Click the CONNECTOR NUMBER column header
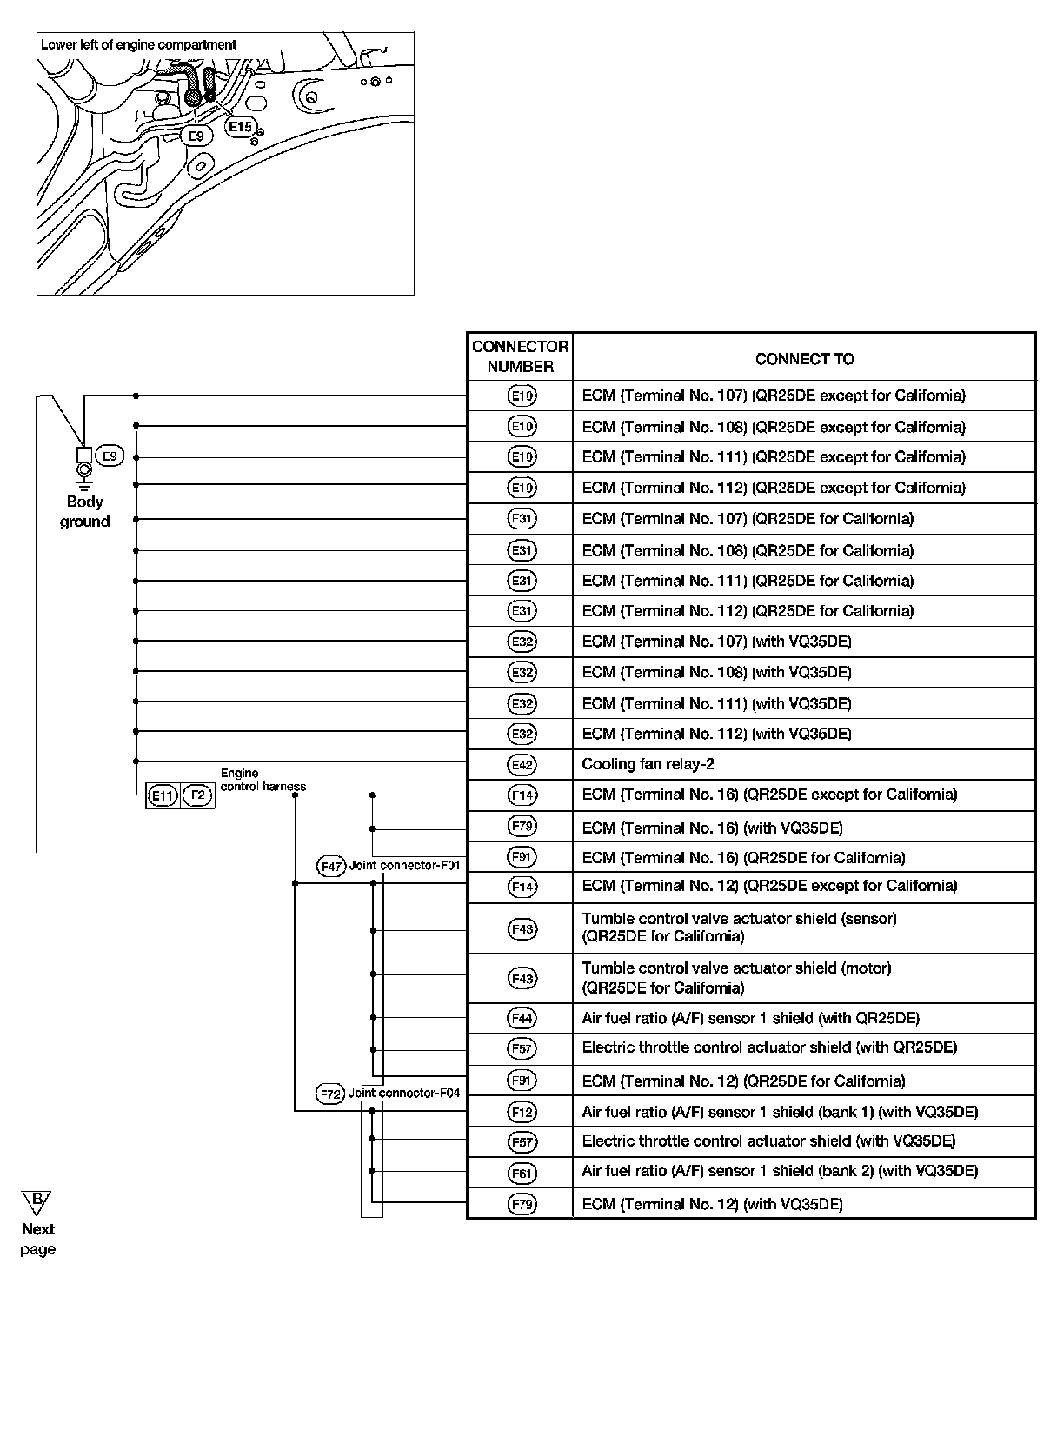[520, 356]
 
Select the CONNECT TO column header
[804, 359]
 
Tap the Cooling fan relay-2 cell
[648, 765]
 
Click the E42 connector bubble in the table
[522, 765]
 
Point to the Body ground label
[84, 512]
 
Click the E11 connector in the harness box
[163, 795]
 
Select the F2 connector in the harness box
[198, 795]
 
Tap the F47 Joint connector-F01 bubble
[331, 867]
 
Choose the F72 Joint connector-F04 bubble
[331, 1094]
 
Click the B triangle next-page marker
[37, 1202]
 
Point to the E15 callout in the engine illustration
[239, 127]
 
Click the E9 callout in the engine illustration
[196, 136]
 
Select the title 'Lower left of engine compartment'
[139, 44]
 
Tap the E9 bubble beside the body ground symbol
[110, 456]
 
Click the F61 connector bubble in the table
[522, 1173]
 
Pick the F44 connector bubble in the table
[522, 1018]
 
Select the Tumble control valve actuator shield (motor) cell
[736, 978]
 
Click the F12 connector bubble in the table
[522, 1112]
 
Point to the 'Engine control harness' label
[263, 780]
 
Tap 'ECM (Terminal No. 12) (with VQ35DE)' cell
[712, 1204]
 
